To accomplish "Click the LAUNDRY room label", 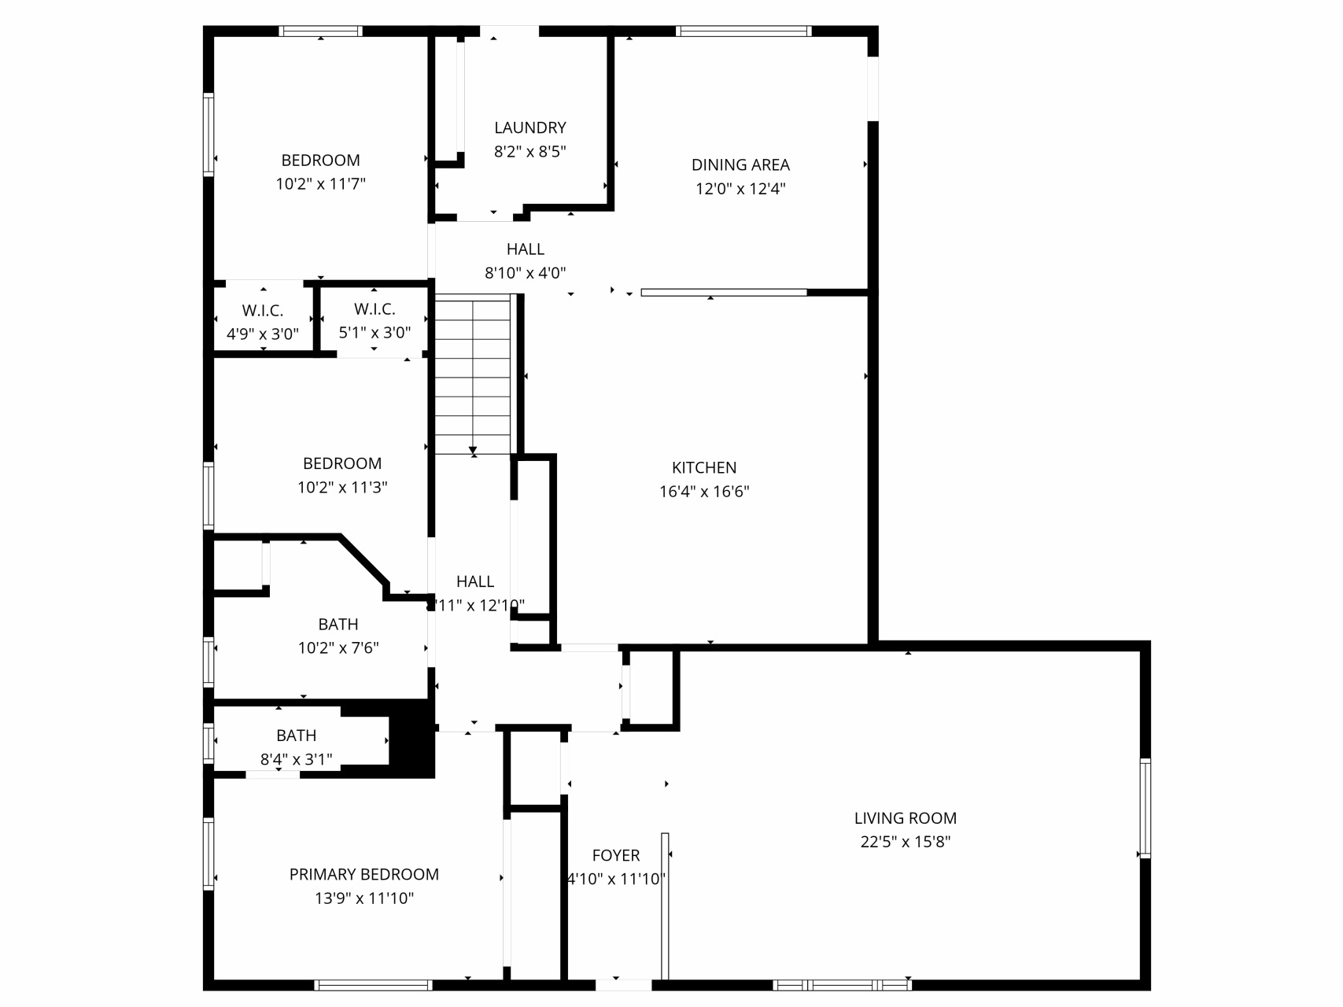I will click(x=529, y=127).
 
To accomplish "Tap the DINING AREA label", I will click(x=740, y=165).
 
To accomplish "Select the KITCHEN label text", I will click(x=704, y=468).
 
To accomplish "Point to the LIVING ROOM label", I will click(x=906, y=818).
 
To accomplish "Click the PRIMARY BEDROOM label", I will click(x=364, y=875).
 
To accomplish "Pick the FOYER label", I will click(x=616, y=856).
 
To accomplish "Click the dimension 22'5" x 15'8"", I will click(x=906, y=842).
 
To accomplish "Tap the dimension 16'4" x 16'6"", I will click(x=704, y=492).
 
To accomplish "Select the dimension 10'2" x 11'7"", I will click(x=320, y=184).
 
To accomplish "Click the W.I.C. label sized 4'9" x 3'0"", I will click(x=263, y=311).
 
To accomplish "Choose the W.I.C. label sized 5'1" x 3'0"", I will click(x=374, y=309).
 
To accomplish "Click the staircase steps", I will click(x=473, y=374).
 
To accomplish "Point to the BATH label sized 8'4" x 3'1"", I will click(x=297, y=736).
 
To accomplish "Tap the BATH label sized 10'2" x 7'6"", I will click(x=338, y=625).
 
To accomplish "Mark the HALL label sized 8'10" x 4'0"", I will click(x=526, y=249).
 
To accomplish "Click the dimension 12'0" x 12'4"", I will click(x=740, y=189).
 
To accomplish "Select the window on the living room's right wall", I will click(x=1146, y=808).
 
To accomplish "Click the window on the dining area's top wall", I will click(x=743, y=31).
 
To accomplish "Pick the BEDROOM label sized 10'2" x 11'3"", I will click(x=342, y=464).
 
